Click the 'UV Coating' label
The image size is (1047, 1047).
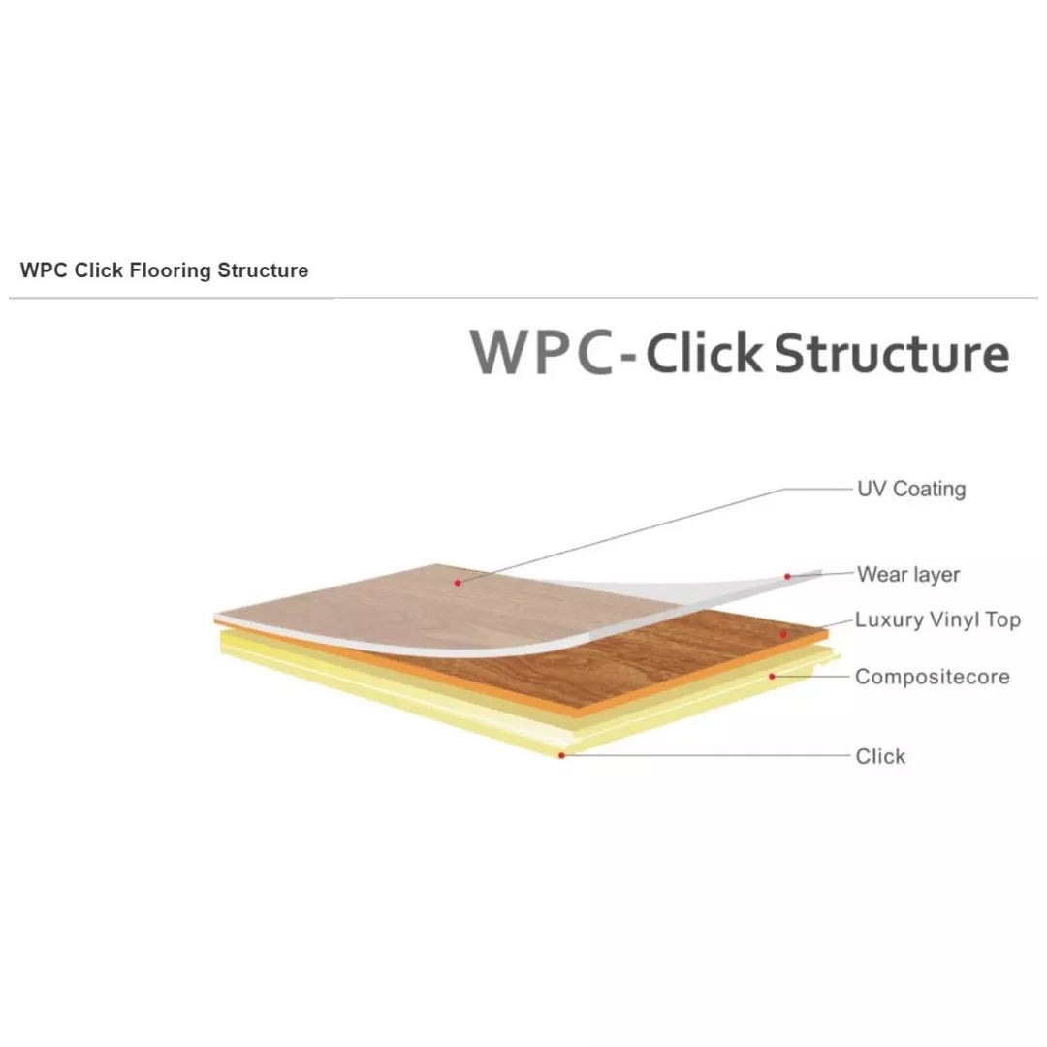911,489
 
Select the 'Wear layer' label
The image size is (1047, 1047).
908,574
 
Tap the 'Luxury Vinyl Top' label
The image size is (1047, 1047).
937,619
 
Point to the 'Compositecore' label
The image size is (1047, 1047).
933,677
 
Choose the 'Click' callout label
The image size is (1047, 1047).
880,756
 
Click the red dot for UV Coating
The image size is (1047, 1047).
458,583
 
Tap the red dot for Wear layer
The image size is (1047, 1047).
788,576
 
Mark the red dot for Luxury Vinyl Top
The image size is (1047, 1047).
784,634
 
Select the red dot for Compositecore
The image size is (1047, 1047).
772,677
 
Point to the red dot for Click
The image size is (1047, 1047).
561,755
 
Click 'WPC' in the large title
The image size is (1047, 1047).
542,352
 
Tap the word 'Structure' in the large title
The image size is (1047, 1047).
892,352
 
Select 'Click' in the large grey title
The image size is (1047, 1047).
703,352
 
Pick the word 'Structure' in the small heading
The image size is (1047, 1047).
263,270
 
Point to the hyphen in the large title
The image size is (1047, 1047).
628,359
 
